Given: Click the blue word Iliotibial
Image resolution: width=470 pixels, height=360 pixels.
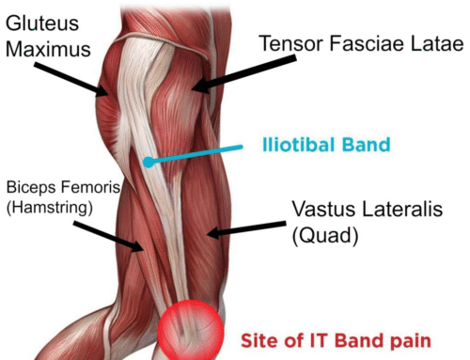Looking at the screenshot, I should [x=301, y=146].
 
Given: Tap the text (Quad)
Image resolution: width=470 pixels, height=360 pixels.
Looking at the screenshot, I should [x=324, y=237].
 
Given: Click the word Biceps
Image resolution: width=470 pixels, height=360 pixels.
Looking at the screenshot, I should [x=32, y=187].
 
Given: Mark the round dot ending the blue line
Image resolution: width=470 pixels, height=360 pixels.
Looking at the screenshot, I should [x=148, y=163].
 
